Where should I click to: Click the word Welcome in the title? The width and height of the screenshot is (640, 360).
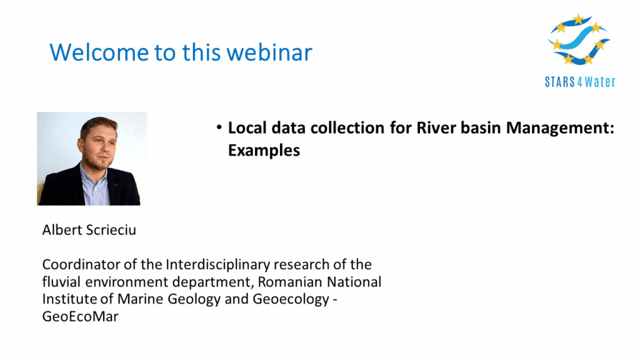(x=99, y=52)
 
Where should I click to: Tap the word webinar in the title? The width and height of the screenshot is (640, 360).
(x=269, y=52)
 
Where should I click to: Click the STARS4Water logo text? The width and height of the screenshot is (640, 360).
(x=580, y=82)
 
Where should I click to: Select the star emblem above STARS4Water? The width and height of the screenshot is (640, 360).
(x=579, y=39)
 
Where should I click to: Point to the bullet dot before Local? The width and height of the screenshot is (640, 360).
(x=219, y=127)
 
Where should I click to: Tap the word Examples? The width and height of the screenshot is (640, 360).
(x=264, y=151)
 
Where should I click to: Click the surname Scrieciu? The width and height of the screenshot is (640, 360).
(x=111, y=230)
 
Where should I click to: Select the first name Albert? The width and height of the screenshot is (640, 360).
(x=62, y=230)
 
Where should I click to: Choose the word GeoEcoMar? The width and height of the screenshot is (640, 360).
(x=81, y=316)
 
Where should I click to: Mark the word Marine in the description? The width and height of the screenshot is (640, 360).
(x=141, y=299)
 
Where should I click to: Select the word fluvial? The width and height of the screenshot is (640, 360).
(x=61, y=282)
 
